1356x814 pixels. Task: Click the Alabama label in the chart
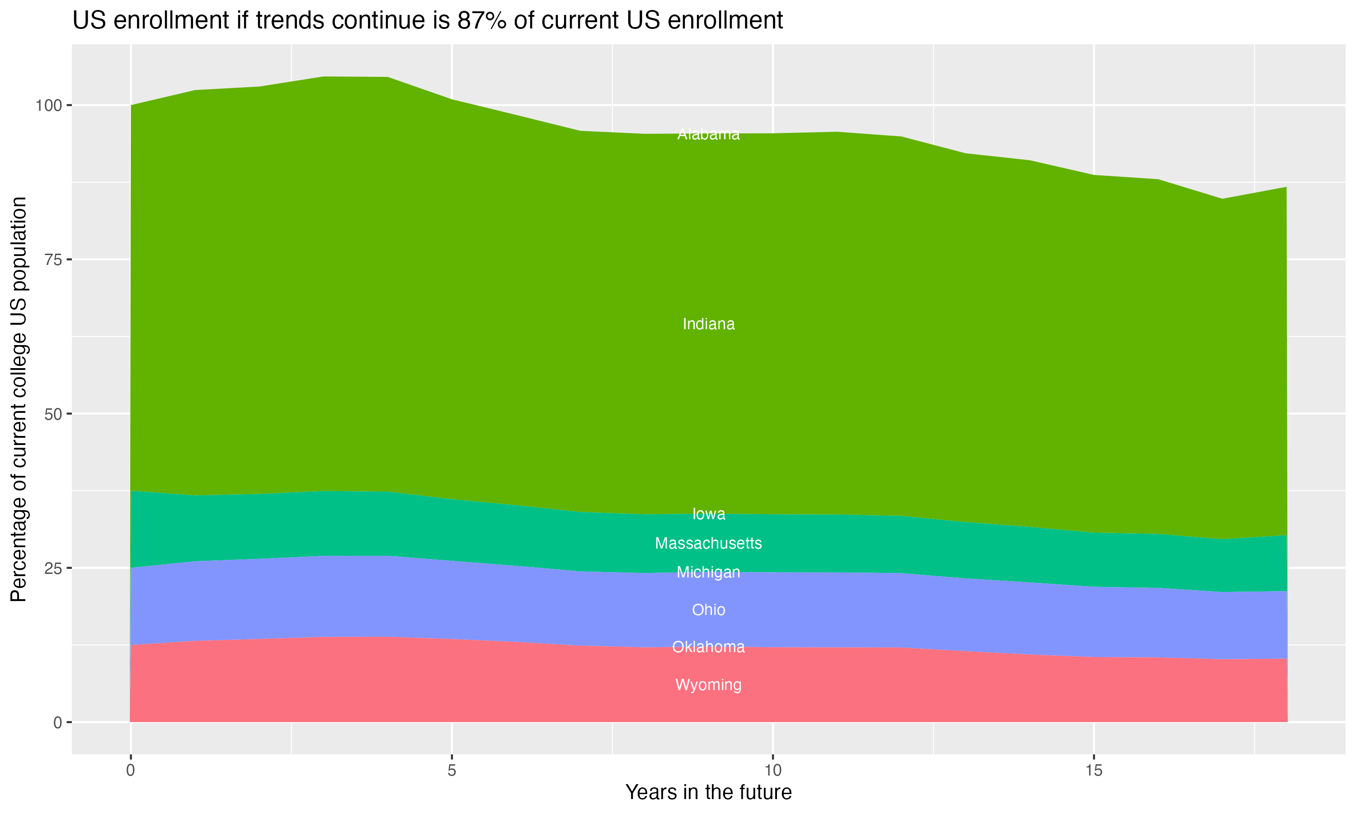tap(708, 134)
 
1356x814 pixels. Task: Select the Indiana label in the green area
tap(708, 324)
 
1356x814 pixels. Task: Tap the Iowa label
tap(708, 514)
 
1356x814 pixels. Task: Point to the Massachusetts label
tap(708, 544)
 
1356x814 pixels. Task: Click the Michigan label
tap(708, 573)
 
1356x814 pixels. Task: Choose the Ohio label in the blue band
tap(708, 610)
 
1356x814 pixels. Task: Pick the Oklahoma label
tap(708, 647)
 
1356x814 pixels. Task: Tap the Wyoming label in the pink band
tap(708, 685)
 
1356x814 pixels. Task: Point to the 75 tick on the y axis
tap(53, 260)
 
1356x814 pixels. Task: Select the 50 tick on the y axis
tap(53, 414)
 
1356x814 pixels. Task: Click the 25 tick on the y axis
tap(53, 568)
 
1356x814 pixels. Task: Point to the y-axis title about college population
tap(19, 399)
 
